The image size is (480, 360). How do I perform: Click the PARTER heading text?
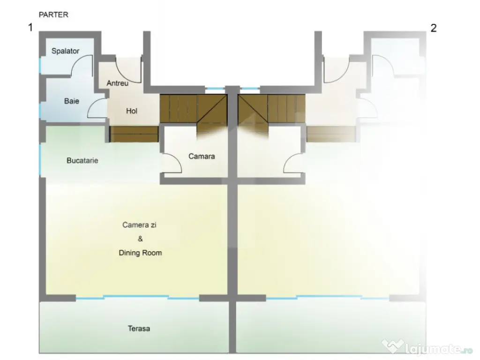(53, 15)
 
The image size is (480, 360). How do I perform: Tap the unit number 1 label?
(30, 27)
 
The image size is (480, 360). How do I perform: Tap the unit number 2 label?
(434, 28)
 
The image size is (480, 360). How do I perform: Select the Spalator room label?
(65, 51)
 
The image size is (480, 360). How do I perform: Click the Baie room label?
(72, 101)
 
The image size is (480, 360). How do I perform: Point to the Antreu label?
(118, 83)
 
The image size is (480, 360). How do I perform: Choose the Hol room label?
(132, 111)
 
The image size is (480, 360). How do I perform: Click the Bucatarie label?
(82, 160)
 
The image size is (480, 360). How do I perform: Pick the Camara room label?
(202, 157)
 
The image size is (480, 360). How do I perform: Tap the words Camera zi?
(139, 225)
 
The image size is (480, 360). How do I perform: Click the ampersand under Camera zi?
(140, 239)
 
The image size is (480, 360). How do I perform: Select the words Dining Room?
(140, 253)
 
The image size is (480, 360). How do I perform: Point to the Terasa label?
(139, 329)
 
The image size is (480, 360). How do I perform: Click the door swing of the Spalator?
(82, 66)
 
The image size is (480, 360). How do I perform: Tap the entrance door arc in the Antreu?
(128, 70)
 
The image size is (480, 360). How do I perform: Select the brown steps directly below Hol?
(134, 134)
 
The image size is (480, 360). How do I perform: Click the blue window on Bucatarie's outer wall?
(40, 159)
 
